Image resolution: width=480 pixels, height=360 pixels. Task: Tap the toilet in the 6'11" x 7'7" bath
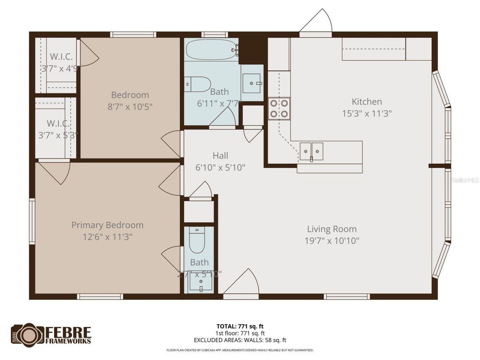pos(198,84)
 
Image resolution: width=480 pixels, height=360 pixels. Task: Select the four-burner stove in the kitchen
pos(279,108)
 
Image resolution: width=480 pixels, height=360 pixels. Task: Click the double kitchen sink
pos(311,151)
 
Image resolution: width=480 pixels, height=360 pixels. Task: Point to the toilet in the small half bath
pos(196,241)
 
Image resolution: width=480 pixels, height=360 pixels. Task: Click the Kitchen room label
pos(367,102)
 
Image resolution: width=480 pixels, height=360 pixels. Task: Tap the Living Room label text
pos(332,229)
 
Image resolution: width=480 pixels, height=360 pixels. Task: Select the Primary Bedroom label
pos(107,225)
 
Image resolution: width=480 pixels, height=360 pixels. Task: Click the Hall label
pos(220,155)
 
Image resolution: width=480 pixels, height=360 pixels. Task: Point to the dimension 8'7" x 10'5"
pos(130,106)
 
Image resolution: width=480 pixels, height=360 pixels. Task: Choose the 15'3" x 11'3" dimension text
pos(367,113)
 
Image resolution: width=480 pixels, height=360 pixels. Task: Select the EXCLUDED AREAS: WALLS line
pos(240,340)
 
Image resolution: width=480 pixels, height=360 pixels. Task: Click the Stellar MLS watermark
pos(465,180)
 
